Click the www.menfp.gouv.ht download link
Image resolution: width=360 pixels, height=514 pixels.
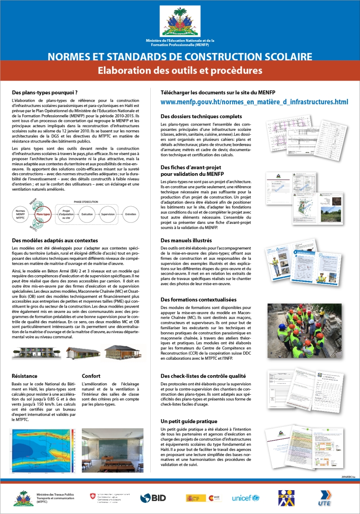click(254, 102)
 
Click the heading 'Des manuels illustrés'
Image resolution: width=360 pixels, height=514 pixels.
click(186, 241)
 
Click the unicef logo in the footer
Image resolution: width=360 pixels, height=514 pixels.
click(246, 498)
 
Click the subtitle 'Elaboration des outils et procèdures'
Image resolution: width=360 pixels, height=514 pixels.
click(180, 71)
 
